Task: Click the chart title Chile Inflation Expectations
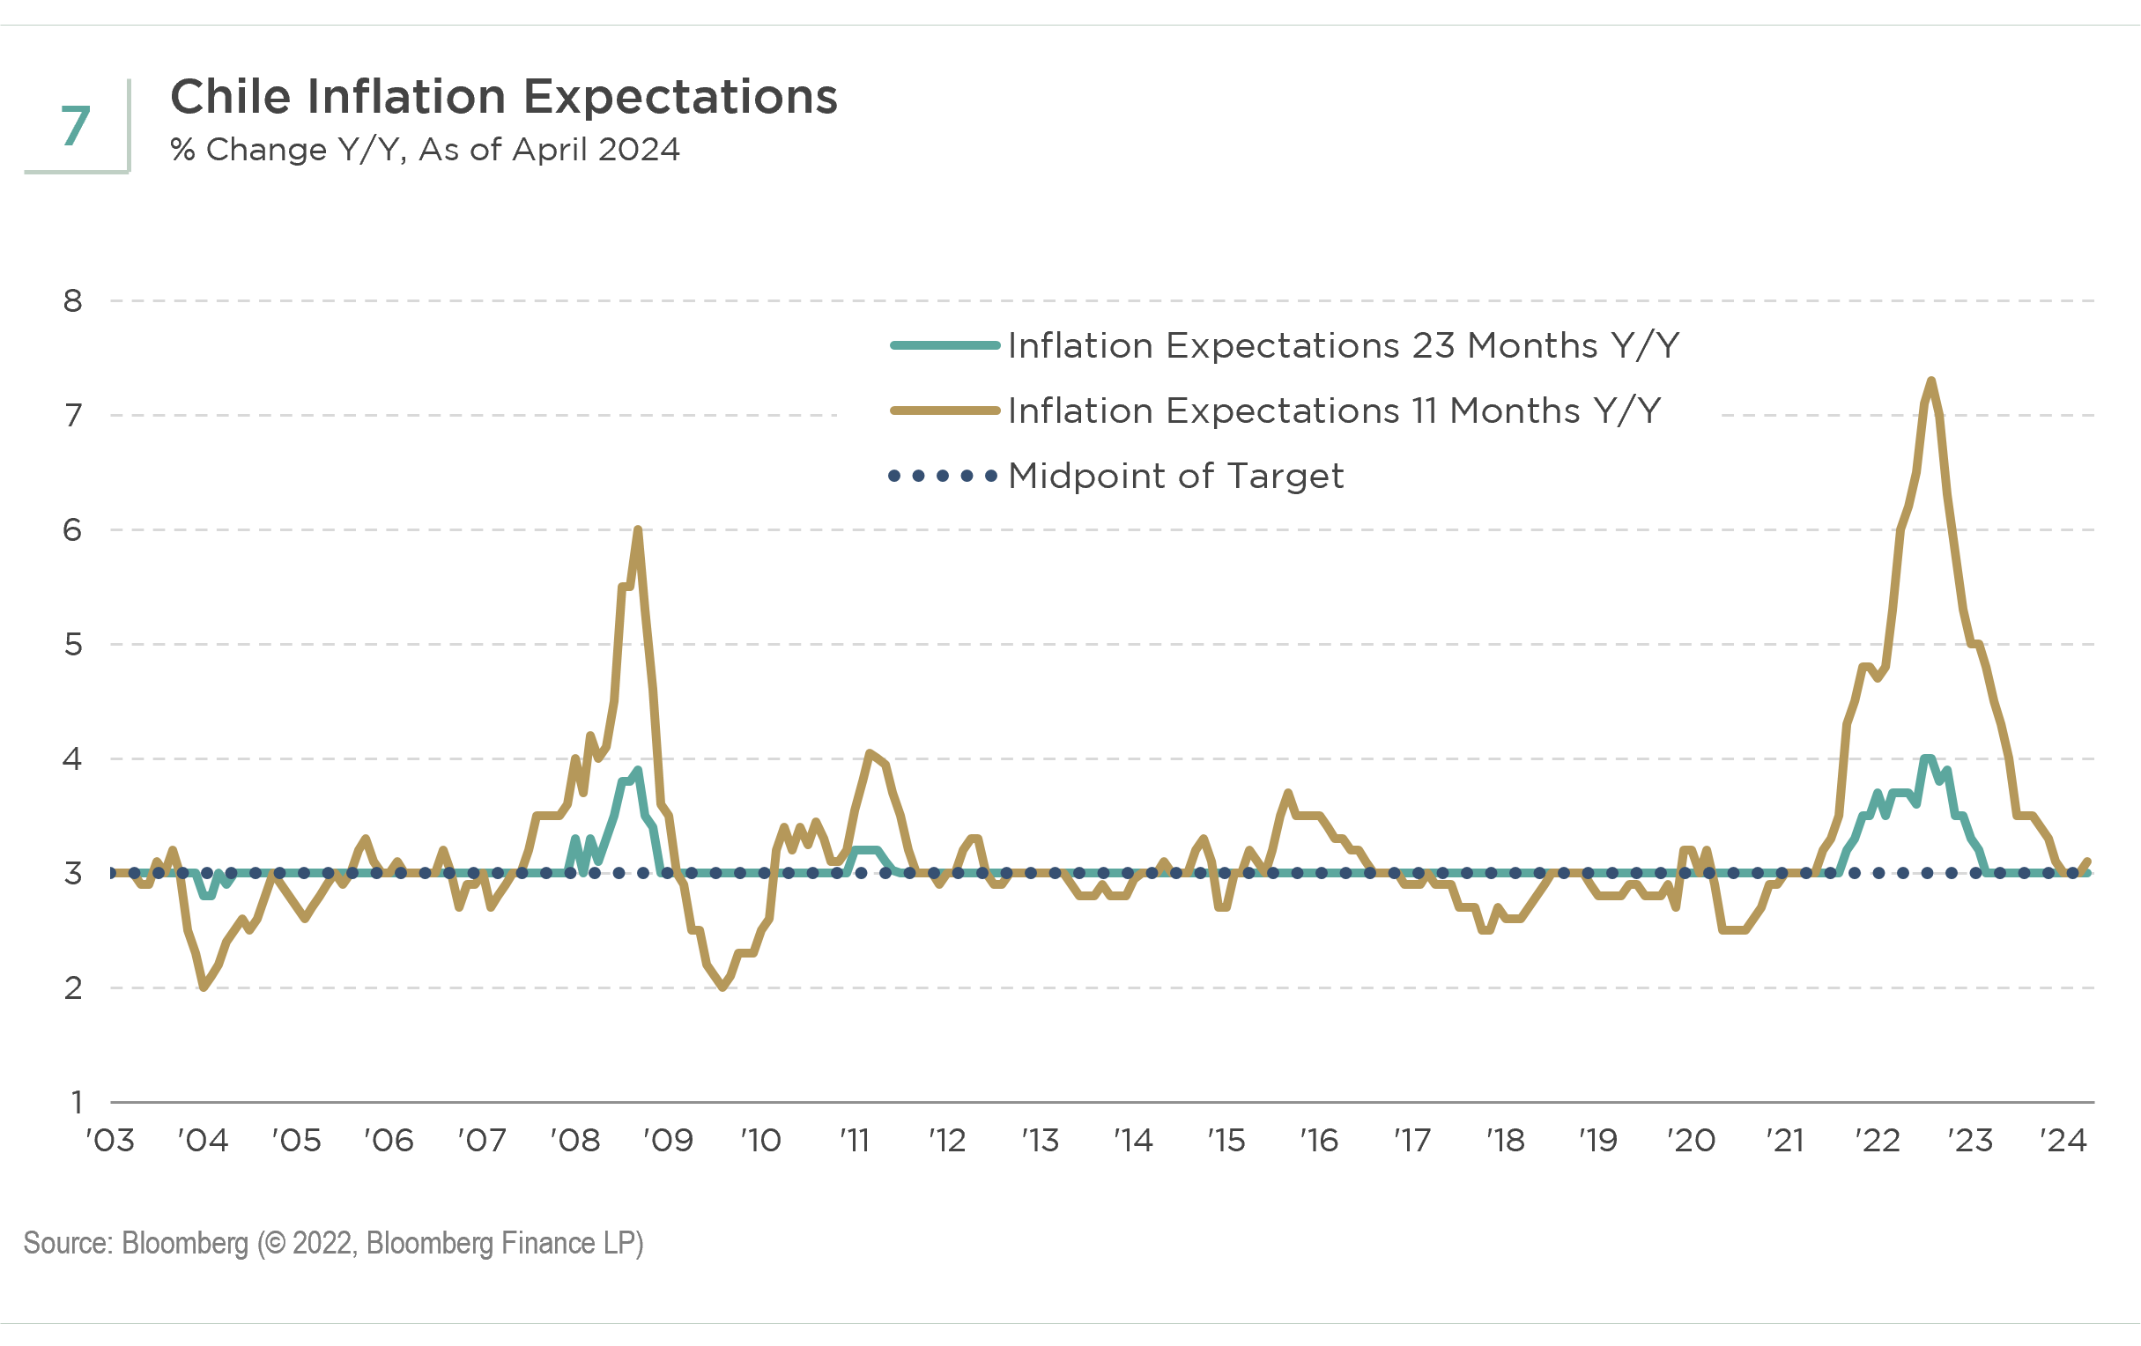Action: point(503,96)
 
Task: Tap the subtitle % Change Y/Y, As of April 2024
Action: point(425,150)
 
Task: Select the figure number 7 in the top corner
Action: point(76,126)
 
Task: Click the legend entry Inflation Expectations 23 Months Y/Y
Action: point(1343,345)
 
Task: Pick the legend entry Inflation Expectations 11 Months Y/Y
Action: point(1334,410)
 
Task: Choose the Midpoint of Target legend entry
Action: point(1175,477)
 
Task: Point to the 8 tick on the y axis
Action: point(73,301)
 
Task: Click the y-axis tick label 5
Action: point(73,645)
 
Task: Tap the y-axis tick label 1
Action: point(77,1102)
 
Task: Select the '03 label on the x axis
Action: point(110,1141)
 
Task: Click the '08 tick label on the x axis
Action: point(575,1141)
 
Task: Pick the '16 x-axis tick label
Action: point(1319,1141)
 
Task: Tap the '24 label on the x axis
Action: point(2063,1141)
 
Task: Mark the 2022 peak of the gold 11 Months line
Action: point(1930,381)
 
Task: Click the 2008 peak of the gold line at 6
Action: point(638,530)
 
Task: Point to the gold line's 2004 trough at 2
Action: point(204,987)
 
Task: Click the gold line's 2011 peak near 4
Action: point(870,753)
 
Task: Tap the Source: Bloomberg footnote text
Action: point(333,1243)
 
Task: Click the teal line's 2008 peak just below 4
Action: point(638,770)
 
